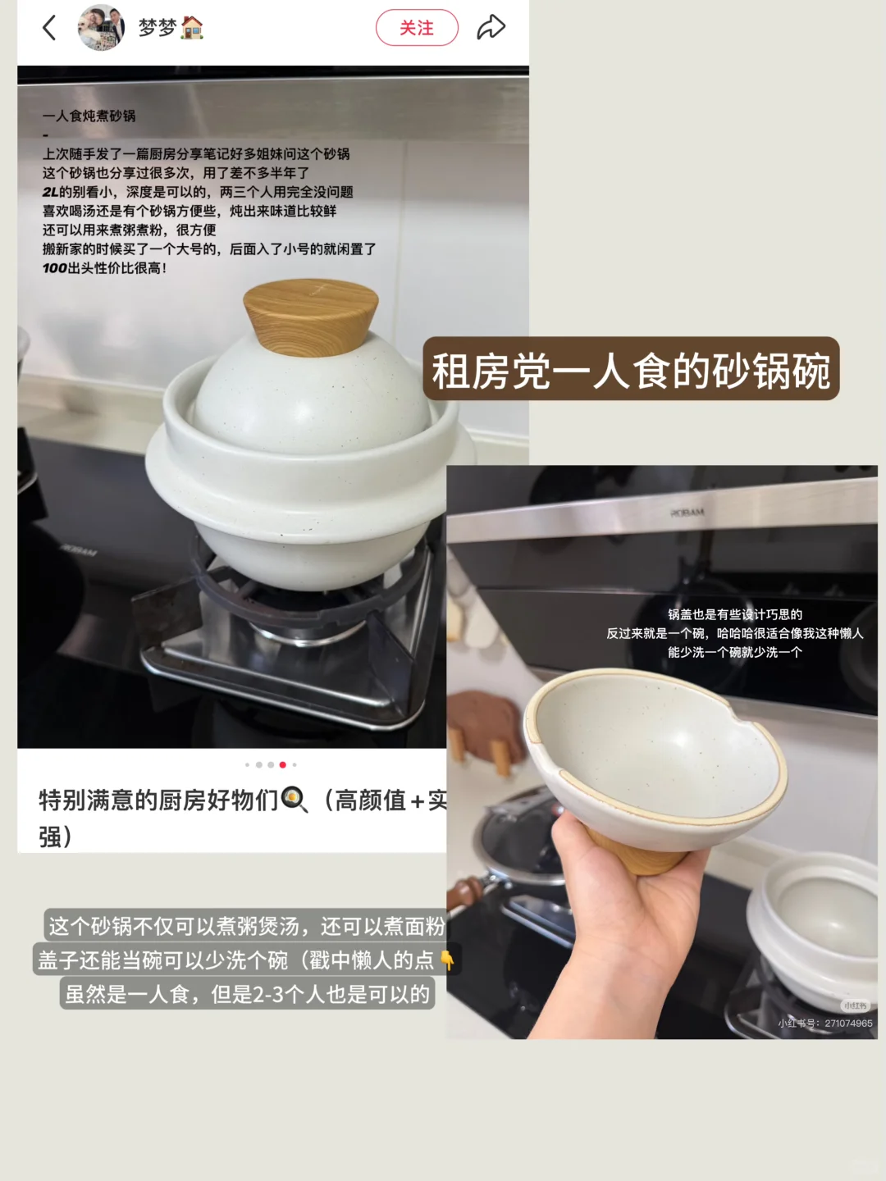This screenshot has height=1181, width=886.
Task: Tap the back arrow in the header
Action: pos(49,28)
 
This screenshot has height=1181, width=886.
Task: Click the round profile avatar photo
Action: pos(101,28)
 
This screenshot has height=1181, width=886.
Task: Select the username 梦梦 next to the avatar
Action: pos(158,28)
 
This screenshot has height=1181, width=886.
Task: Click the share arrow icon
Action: pos(491,27)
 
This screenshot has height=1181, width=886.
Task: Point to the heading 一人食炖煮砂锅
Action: pos(89,116)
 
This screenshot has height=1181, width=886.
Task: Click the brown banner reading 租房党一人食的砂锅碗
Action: pos(631,370)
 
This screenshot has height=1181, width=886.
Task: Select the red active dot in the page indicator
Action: pos(282,764)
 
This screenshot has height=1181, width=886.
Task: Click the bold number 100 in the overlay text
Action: pos(55,268)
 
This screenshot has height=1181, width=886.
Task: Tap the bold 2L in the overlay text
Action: pos(50,192)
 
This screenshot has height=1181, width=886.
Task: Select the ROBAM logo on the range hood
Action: pos(687,513)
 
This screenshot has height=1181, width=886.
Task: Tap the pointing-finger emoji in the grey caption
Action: pos(447,960)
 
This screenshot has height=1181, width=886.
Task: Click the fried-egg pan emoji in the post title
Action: pos(294,799)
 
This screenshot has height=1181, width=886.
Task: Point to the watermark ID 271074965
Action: pos(848,1024)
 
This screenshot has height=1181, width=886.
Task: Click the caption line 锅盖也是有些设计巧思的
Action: pos(734,614)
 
